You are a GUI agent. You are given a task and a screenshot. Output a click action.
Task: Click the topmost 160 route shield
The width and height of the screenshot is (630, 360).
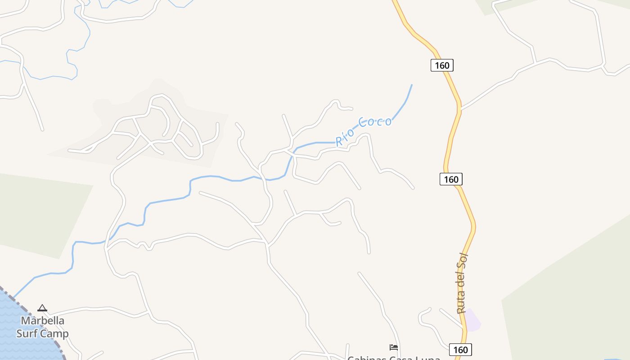click(x=442, y=65)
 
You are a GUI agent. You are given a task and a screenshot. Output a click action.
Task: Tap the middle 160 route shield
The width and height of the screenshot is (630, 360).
click(x=451, y=179)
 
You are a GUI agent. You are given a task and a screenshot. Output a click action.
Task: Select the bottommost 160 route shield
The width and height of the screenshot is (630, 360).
click(x=460, y=350)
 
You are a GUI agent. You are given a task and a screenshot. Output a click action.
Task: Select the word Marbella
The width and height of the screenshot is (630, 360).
click(x=43, y=321)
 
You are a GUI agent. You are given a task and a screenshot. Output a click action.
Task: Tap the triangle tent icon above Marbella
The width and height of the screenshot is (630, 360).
click(x=42, y=308)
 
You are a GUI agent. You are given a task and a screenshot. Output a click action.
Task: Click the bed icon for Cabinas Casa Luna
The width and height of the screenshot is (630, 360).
click(x=394, y=347)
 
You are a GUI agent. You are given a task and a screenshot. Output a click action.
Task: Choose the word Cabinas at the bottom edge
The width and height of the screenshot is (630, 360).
click(x=364, y=358)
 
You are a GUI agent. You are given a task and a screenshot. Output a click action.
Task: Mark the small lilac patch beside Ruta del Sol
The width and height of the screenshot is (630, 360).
click(x=472, y=319)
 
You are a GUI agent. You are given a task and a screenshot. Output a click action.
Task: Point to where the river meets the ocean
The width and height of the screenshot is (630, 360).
click(x=13, y=297)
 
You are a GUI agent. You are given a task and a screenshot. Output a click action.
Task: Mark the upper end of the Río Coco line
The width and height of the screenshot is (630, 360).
click(x=411, y=85)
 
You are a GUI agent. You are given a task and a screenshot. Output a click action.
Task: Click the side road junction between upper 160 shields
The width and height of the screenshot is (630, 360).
click(x=460, y=108)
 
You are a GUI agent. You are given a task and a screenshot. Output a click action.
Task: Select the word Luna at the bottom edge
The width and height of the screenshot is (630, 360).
click(x=427, y=358)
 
